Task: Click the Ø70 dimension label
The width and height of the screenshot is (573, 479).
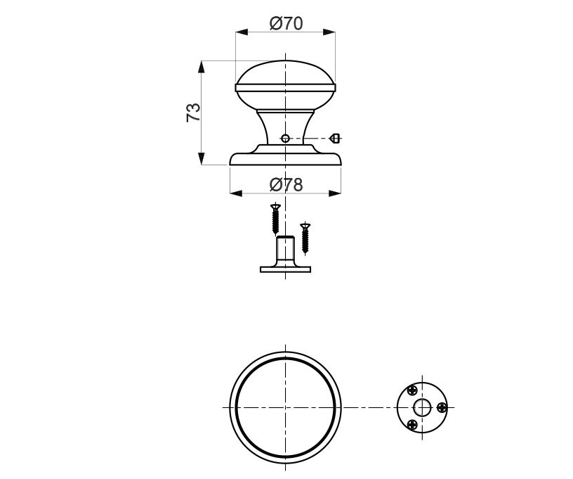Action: point(286,24)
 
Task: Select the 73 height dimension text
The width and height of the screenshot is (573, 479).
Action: point(193,113)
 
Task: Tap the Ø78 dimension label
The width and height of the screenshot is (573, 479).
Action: point(286,185)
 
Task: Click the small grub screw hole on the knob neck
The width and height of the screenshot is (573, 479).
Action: point(285,139)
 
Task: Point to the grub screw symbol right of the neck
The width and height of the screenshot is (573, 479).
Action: point(336,139)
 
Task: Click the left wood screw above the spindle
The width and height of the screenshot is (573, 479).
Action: point(275,219)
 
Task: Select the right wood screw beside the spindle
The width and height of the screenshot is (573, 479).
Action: point(305,238)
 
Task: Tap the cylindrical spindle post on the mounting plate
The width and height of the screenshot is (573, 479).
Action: point(285,251)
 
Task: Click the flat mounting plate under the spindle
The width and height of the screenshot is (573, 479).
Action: point(285,269)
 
